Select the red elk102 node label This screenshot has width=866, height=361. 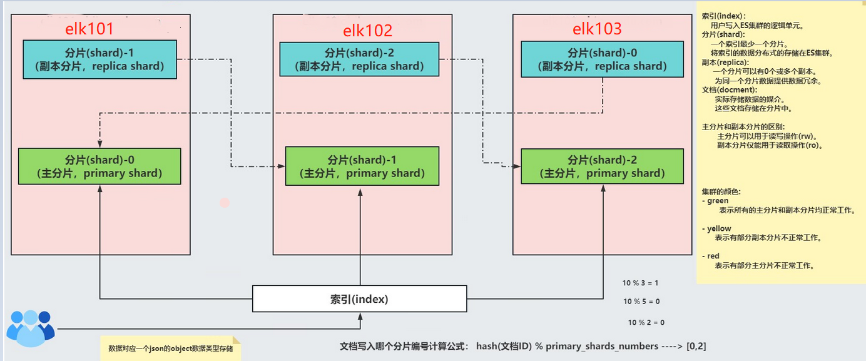click(367, 30)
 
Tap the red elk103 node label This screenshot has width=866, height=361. click(597, 29)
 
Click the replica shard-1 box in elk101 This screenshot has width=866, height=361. click(99, 59)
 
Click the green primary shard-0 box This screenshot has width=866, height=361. click(99, 166)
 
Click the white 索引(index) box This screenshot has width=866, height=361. click(359, 299)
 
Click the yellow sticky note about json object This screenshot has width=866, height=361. click(170, 348)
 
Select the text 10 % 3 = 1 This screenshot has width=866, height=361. click(640, 283)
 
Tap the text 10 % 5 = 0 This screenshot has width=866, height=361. click(641, 302)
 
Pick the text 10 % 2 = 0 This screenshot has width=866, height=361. click(646, 322)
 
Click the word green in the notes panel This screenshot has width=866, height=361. click(718, 201)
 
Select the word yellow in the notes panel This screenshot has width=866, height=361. click(719, 228)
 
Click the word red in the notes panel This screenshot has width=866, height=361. click(713, 256)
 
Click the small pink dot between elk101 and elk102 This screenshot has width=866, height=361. click(225, 203)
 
